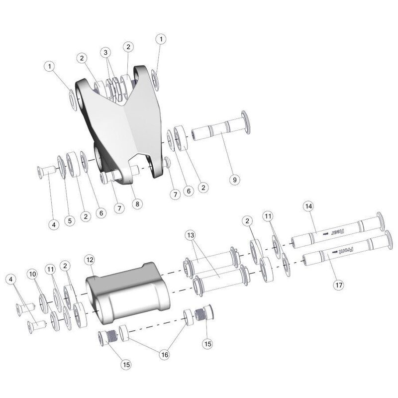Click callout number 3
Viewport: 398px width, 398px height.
point(105,52)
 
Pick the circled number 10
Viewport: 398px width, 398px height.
point(32,275)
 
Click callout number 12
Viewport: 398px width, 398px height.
point(89,260)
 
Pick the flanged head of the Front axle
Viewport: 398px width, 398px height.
point(387,236)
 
